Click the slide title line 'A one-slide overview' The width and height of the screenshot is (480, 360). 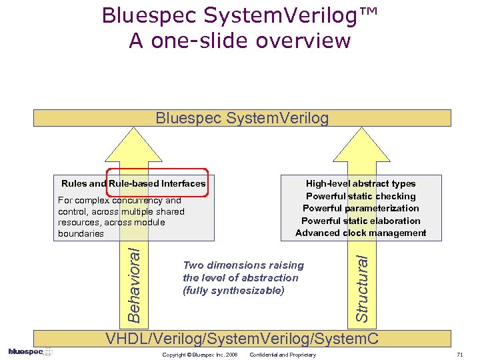(240, 41)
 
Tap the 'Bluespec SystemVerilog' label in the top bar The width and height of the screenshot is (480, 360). (242, 118)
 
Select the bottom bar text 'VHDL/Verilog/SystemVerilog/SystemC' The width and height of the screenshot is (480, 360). (243, 339)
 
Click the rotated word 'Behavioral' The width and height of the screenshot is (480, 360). (134, 282)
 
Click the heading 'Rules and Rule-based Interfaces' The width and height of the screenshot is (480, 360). (133, 183)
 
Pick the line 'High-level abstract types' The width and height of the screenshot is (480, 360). (361, 183)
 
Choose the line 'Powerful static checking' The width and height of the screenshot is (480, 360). (361, 196)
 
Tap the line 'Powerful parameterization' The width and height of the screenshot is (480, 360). (361, 208)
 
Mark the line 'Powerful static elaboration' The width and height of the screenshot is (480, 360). (361, 221)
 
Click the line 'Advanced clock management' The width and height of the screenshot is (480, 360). (361, 233)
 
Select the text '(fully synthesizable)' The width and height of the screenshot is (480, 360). (233, 291)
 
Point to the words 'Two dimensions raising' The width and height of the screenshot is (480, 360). (243, 265)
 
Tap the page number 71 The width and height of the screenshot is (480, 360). (459, 355)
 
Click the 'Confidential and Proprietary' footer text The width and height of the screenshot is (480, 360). (283, 355)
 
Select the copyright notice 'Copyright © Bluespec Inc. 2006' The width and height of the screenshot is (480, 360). (200, 355)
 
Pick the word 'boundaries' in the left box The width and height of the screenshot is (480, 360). (81, 233)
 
